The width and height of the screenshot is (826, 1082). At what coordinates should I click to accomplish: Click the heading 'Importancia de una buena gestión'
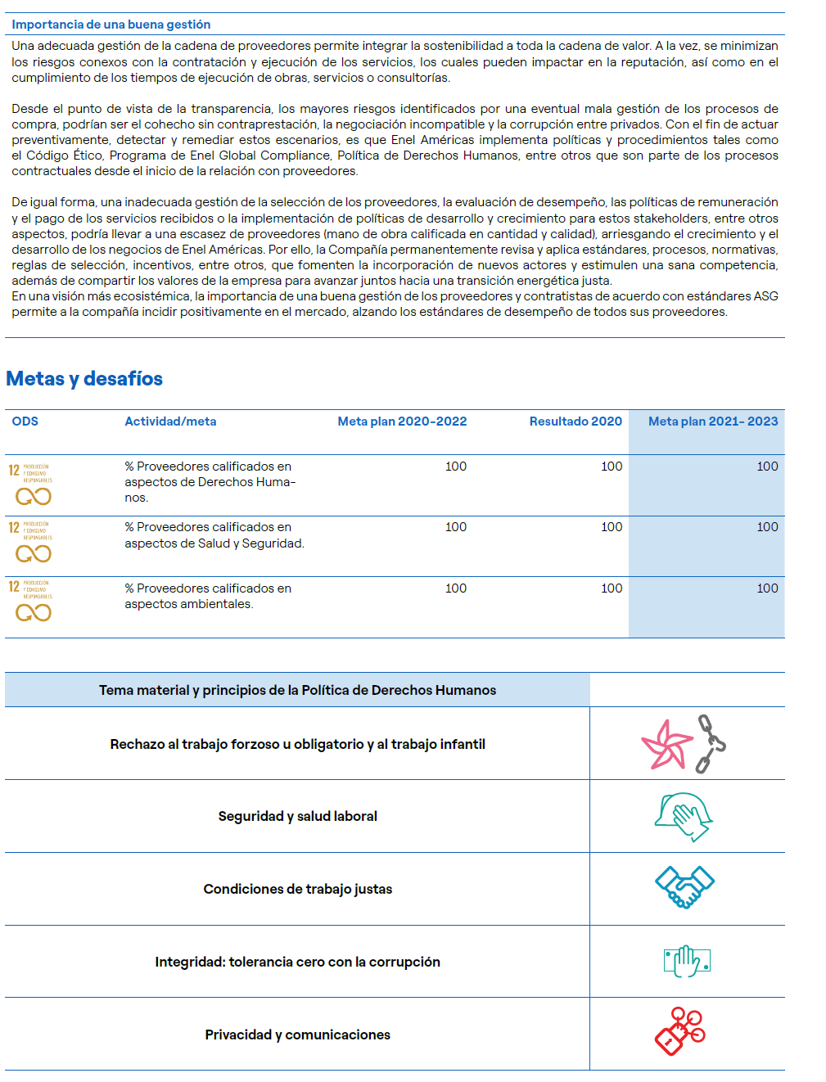point(111,25)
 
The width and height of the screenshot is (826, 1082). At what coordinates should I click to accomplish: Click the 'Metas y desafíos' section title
point(84,379)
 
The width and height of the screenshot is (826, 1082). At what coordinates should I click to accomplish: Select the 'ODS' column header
point(25,422)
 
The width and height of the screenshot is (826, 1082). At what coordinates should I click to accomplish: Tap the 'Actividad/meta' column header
point(170,422)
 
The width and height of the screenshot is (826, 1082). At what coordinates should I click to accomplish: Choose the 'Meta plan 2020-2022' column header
point(402,422)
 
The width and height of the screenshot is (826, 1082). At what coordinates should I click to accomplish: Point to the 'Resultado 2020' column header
point(575,422)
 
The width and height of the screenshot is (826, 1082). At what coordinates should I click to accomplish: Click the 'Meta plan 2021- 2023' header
point(713,422)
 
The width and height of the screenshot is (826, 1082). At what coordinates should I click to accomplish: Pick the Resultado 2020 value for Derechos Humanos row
point(612,467)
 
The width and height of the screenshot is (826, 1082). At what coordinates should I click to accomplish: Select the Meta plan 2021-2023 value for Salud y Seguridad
point(767,527)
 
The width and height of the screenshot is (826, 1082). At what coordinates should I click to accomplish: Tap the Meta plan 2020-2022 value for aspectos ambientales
point(456,588)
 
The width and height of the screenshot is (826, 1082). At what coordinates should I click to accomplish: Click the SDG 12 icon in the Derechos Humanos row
point(31,485)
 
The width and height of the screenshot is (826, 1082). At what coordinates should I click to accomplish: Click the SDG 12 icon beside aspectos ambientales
point(31,602)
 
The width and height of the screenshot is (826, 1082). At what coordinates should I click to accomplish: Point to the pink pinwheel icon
point(666,745)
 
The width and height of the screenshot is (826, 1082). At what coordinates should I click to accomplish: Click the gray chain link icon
point(710,743)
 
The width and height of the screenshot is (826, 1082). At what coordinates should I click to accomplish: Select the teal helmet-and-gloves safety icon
point(684,816)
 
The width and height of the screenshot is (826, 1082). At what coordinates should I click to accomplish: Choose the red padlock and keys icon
point(680,1031)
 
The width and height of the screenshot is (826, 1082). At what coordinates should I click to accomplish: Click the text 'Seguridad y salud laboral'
point(297,816)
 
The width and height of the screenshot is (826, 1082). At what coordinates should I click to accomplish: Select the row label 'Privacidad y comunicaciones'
point(297,1035)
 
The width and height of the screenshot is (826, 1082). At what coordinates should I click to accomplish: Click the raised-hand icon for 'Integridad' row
point(686,961)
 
